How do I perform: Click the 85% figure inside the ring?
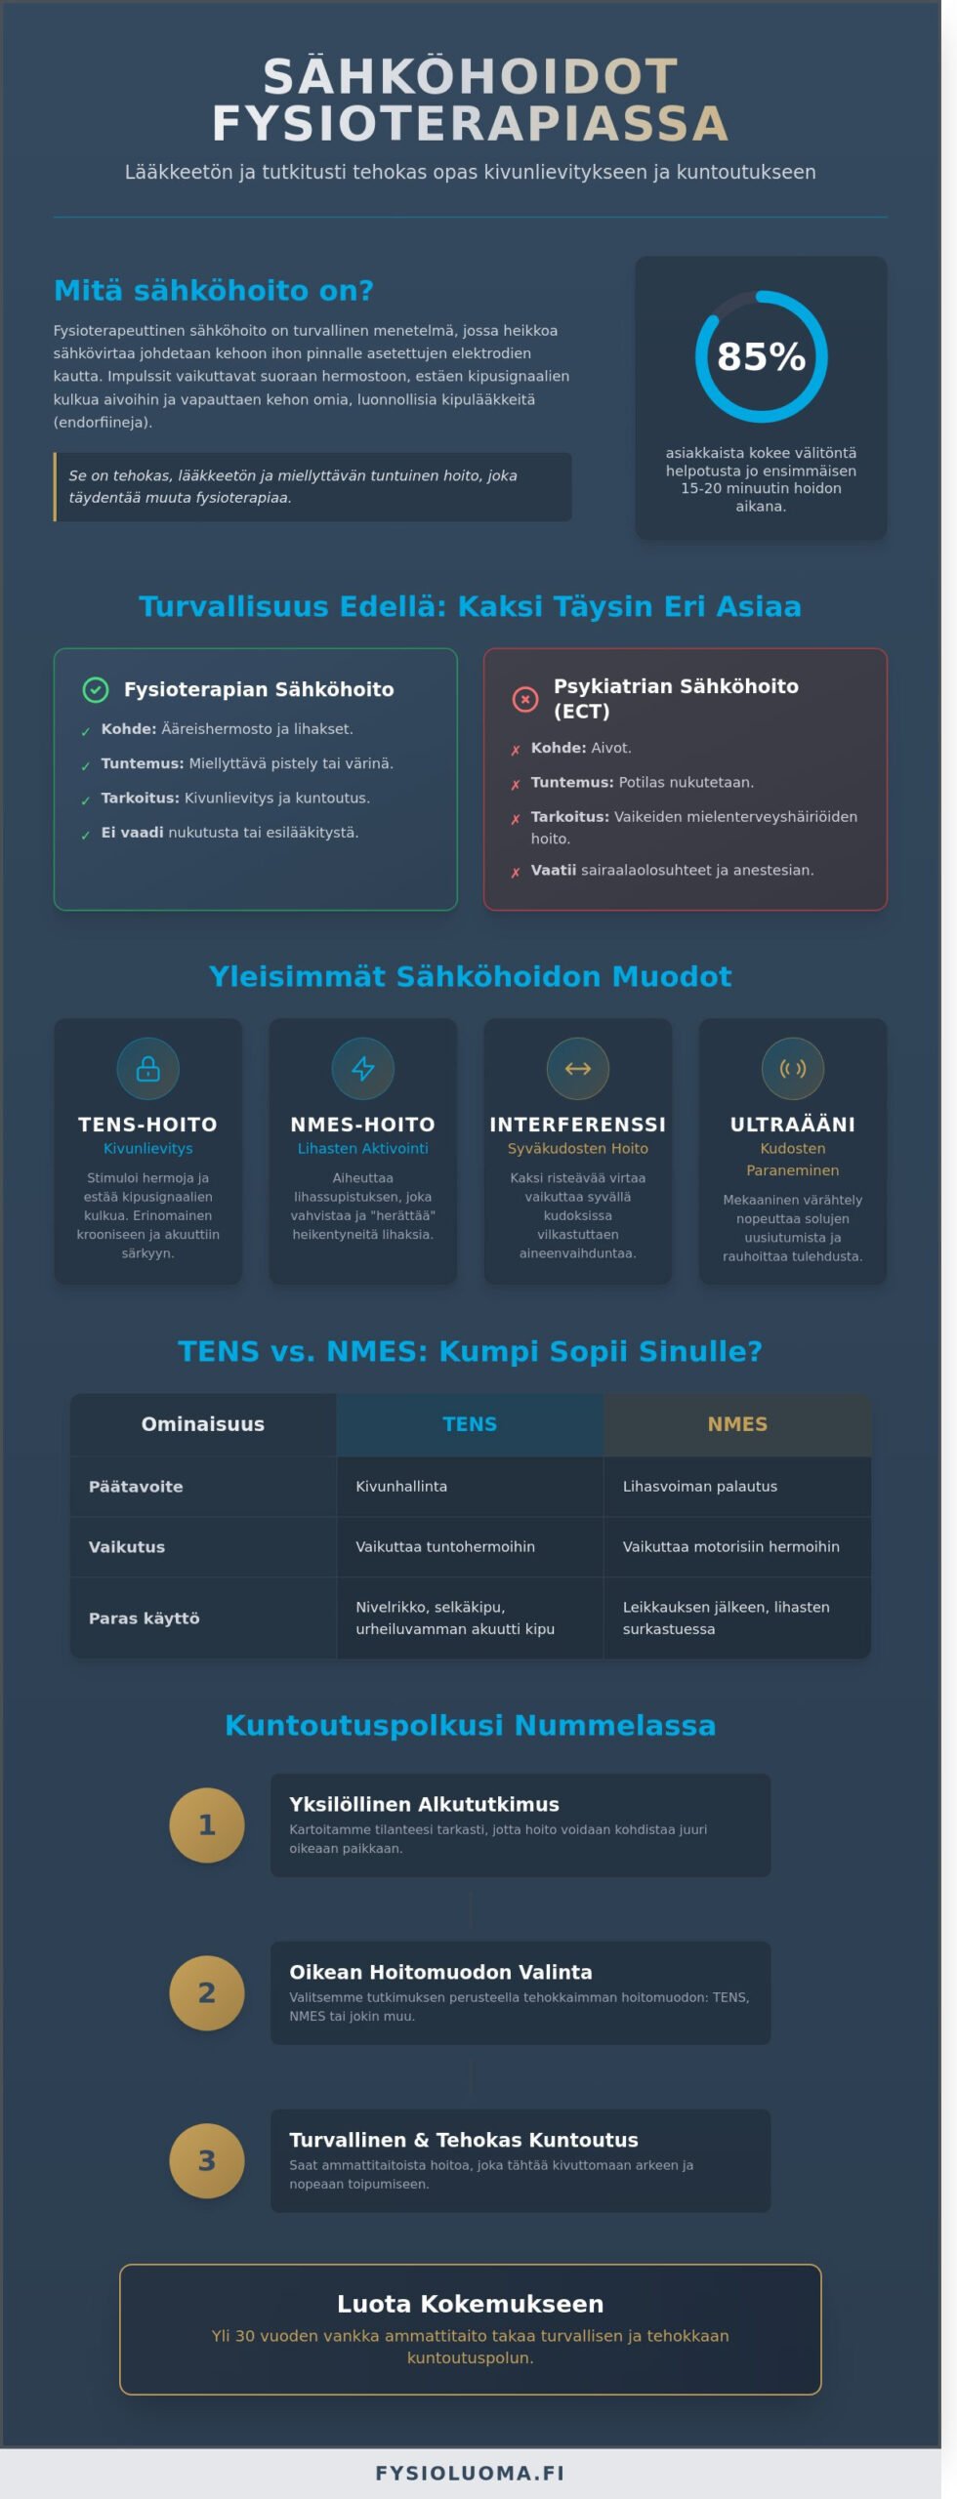coord(761,357)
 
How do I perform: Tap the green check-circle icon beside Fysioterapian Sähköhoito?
coord(96,690)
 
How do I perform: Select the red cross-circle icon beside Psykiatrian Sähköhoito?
coord(525,699)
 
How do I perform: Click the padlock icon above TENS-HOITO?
coord(147,1069)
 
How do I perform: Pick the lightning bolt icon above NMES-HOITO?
coord(363,1069)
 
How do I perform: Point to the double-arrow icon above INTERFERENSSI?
coord(578,1069)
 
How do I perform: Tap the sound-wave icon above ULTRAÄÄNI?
coord(793,1069)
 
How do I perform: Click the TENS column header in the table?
coord(470,1424)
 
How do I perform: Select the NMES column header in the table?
coord(737,1424)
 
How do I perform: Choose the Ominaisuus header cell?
coord(203,1424)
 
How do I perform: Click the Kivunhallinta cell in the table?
coord(401,1487)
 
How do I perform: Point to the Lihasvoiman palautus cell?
coord(700,1487)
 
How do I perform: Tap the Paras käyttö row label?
coord(145,1618)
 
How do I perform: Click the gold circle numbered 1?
coord(207,1825)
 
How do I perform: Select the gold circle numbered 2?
coord(207,1993)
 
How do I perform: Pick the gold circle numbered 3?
coord(207,2161)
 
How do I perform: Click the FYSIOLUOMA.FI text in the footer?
coord(470,2473)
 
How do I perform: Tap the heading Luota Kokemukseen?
coord(470,2304)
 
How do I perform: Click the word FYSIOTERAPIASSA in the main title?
coord(470,124)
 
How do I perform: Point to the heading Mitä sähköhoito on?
coord(214,291)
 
